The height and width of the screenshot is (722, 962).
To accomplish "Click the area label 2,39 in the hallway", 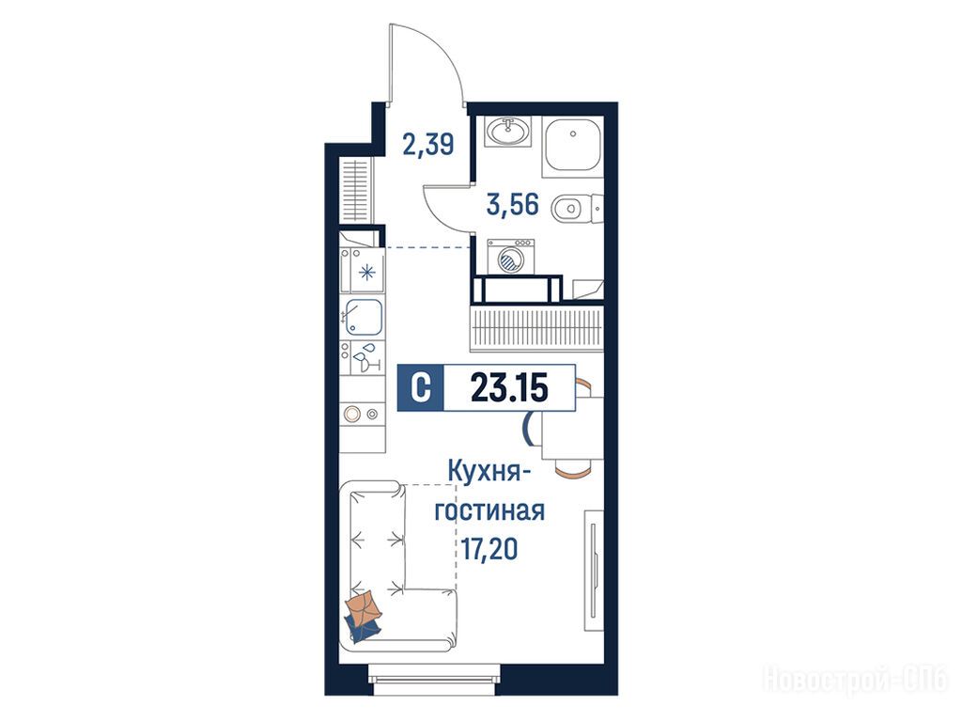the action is click(428, 145).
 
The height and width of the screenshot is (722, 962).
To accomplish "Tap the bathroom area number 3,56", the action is click(512, 204).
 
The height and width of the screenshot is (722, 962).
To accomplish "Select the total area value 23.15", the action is click(509, 388).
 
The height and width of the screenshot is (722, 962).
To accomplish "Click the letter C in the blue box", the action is click(420, 388).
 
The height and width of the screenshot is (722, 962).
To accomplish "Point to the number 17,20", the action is click(489, 548).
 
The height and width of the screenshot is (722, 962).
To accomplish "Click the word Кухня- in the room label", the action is click(489, 473).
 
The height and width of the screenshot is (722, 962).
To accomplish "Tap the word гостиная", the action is click(489, 510).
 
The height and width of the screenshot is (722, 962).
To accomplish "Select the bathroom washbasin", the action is click(508, 132).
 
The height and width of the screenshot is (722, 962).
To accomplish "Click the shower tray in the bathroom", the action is click(572, 146).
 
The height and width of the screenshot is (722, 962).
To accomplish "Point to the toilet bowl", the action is click(566, 208).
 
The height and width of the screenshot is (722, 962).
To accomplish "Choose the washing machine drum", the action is click(510, 261).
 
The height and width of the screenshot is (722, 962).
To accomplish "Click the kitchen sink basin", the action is click(364, 317).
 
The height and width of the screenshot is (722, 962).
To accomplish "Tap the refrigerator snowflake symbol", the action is click(367, 272).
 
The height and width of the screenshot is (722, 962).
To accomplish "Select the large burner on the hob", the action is click(351, 415).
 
